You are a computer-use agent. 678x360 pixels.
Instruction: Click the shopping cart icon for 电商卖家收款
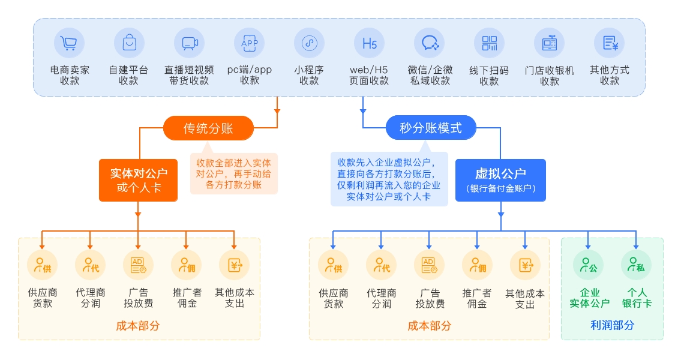69,43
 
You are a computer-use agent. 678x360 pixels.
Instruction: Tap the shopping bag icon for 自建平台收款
129,43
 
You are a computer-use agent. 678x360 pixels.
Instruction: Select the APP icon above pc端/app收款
249,43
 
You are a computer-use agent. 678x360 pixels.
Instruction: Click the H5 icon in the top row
369,43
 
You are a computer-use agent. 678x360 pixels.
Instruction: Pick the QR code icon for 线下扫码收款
489,43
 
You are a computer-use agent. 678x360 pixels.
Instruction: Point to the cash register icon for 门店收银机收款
549,43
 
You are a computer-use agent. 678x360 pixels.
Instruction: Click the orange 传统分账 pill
208,128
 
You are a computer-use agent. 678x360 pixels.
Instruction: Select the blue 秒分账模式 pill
431,128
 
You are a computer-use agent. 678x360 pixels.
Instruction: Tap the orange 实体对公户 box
138,180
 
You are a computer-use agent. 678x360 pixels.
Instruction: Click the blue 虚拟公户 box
500,180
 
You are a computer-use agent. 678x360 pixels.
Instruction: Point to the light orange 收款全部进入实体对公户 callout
234,174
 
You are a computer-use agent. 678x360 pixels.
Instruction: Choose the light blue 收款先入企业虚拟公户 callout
389,179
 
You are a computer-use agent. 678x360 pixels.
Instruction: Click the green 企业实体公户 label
589,298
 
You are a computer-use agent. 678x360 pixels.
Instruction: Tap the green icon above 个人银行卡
636,265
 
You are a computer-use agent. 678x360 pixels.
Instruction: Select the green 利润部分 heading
612,325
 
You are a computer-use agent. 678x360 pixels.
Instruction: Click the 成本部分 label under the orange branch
138,326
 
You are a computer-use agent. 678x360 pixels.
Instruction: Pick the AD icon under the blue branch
429,265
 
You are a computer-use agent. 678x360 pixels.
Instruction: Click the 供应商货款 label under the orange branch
43,298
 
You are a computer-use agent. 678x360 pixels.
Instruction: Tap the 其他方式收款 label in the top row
610,75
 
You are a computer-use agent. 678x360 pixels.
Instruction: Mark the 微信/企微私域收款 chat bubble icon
429,43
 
